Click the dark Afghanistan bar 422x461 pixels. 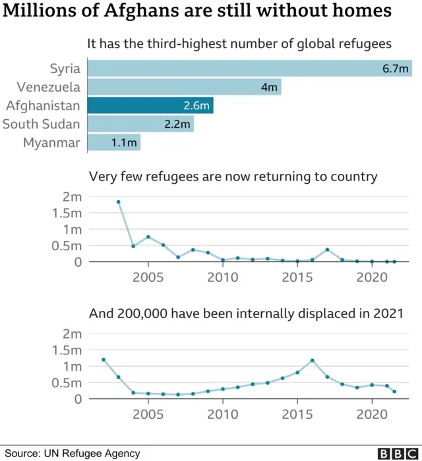[150, 105]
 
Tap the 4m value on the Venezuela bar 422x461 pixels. [270, 87]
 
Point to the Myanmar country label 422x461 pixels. [51, 142]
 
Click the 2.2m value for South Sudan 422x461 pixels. [177, 124]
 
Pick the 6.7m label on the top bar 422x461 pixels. [396, 68]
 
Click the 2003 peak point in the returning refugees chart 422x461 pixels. [119, 202]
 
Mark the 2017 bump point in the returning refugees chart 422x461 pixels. [327, 250]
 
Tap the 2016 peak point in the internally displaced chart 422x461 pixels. [313, 360]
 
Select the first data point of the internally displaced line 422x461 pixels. [104, 360]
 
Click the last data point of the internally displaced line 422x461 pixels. [394, 392]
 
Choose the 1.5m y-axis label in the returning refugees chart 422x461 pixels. [66, 213]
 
